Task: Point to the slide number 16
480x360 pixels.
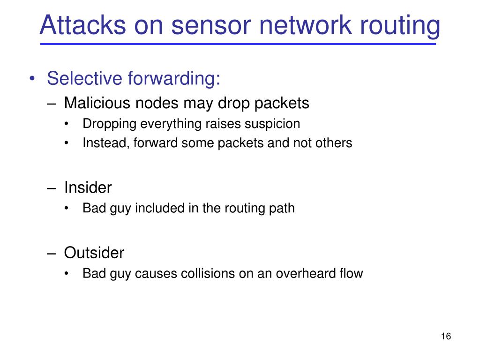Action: point(446,336)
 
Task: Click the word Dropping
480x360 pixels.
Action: point(109,124)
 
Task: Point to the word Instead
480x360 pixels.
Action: point(106,142)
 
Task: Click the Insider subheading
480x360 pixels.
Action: point(88,187)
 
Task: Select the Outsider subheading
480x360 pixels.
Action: point(94,253)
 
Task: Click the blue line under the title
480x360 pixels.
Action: point(238,44)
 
